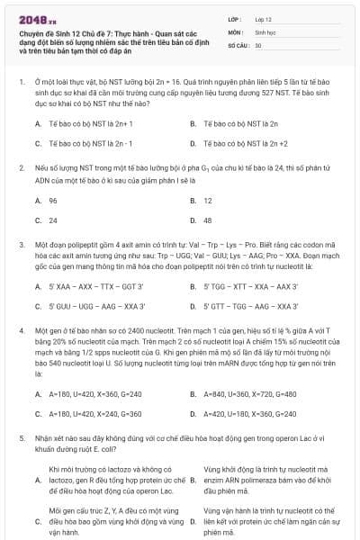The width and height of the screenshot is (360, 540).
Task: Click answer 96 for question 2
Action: pyautogui.click(x=53, y=200)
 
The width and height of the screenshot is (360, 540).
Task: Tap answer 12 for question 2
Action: pyautogui.click(x=208, y=200)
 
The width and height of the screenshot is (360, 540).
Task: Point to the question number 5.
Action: pyautogui.click(x=21, y=437)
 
